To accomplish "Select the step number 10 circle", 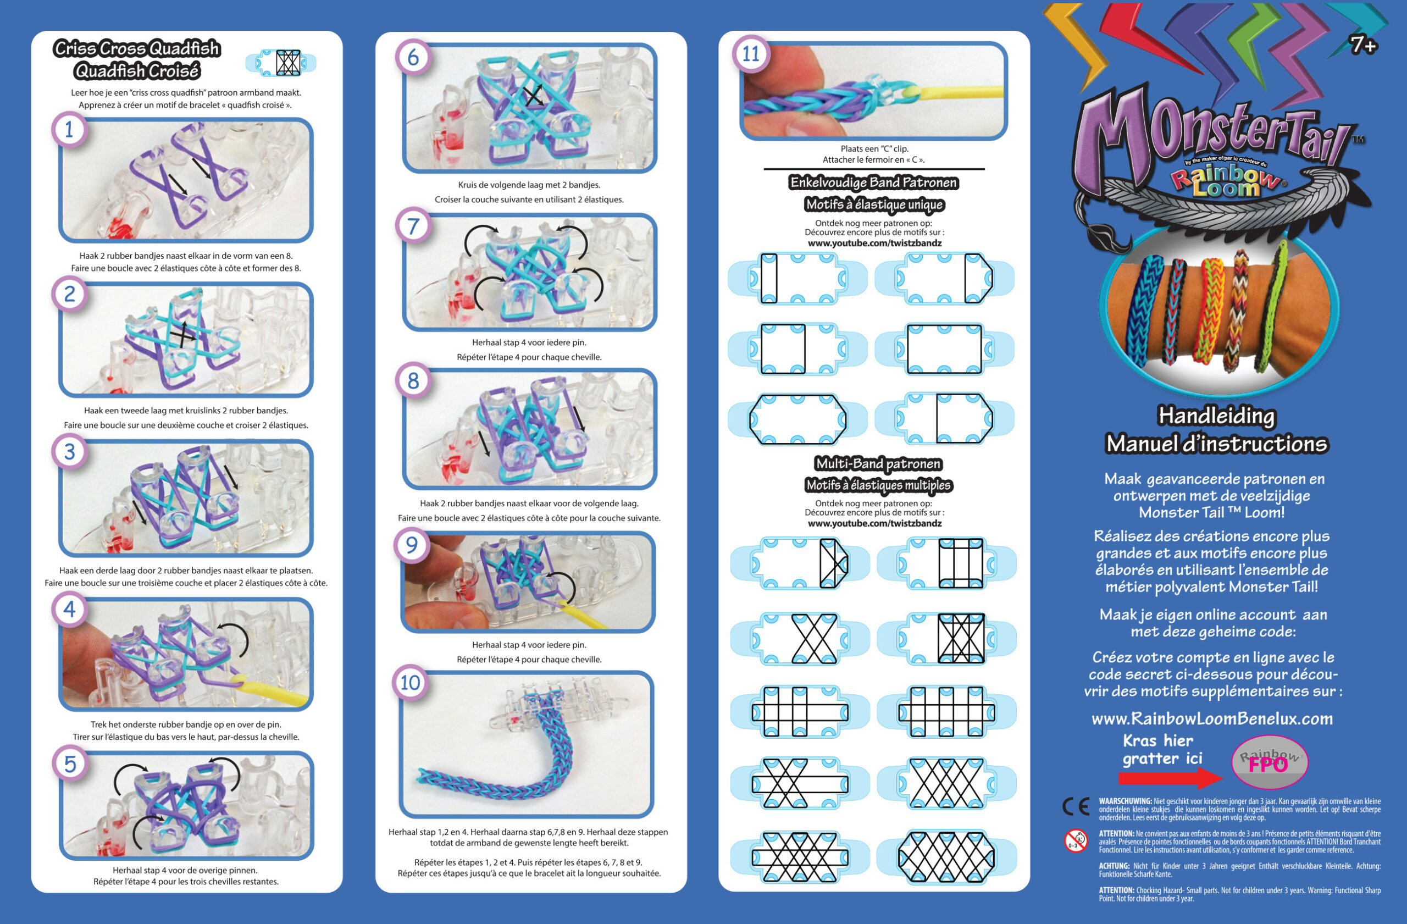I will pos(410,683).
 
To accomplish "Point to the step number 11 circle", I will pos(751,54).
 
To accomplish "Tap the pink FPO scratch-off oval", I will pos(1269,762).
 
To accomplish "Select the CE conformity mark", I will pos(1076,806).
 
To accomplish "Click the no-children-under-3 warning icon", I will pos(1076,840).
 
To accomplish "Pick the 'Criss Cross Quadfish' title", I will pos(137,48).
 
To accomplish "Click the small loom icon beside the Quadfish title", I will pos(281,63).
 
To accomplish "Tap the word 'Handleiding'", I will pos(1216,416).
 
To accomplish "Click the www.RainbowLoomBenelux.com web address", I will pos(1212,719).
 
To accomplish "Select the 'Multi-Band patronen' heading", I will pos(878,463).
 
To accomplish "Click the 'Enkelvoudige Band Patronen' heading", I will pos(874,182).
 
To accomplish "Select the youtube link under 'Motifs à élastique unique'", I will pos(874,243).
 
